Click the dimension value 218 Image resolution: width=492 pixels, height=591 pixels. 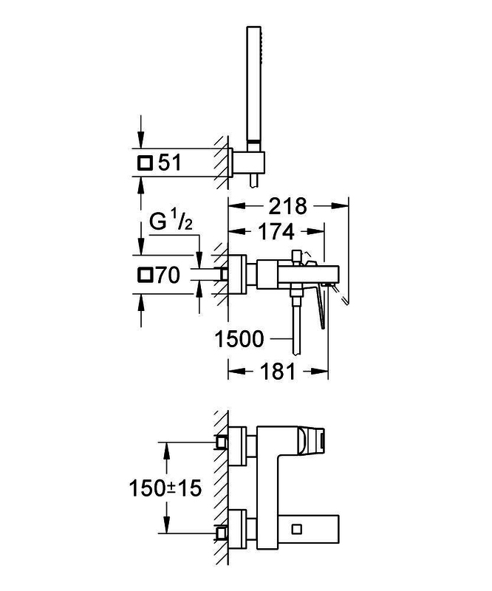287,206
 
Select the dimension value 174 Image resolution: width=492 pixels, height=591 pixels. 276,232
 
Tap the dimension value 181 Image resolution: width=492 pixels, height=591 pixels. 278,372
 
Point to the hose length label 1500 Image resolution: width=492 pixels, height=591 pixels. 239,339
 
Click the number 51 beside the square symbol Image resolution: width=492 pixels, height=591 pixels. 170,163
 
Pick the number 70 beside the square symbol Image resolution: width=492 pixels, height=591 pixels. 168,275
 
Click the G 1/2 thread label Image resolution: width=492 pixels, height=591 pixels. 171,221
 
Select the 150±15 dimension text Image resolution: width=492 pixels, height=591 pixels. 165,488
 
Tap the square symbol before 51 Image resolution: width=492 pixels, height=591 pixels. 145,163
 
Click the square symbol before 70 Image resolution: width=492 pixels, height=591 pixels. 145,275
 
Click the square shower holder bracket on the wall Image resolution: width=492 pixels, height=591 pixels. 248,163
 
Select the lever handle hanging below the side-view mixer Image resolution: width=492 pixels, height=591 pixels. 321,305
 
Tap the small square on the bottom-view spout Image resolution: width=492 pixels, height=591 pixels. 297,529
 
